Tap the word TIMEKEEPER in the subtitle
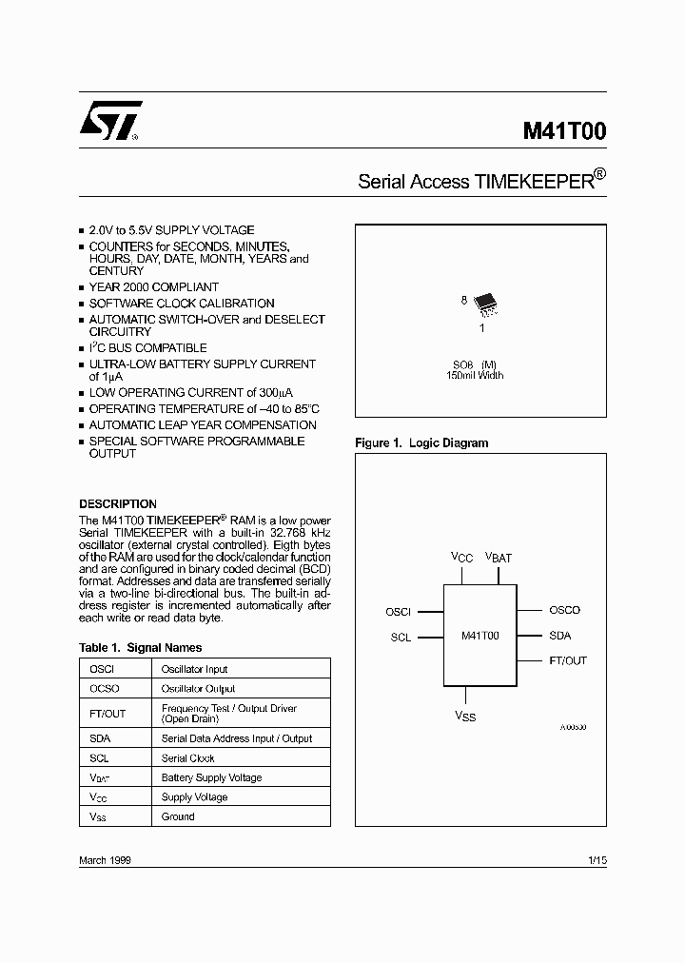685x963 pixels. [533, 182]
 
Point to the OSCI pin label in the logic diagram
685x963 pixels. [398, 612]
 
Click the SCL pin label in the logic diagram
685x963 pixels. [401, 638]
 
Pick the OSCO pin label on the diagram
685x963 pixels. [564, 610]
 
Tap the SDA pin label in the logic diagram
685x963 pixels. [559, 635]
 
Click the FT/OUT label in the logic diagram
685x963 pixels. [568, 659]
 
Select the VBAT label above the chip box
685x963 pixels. [499, 558]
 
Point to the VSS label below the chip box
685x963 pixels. [464, 716]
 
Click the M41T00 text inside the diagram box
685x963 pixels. [479, 636]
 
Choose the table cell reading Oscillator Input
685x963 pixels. [194, 669]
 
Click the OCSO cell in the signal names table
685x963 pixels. [103, 688]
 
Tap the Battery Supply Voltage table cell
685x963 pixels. [211, 777]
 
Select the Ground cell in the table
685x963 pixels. [178, 816]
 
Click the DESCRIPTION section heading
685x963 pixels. [118, 503]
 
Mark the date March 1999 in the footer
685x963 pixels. [105, 859]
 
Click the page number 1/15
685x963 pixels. [597, 859]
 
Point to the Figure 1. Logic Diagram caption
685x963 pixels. [421, 442]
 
